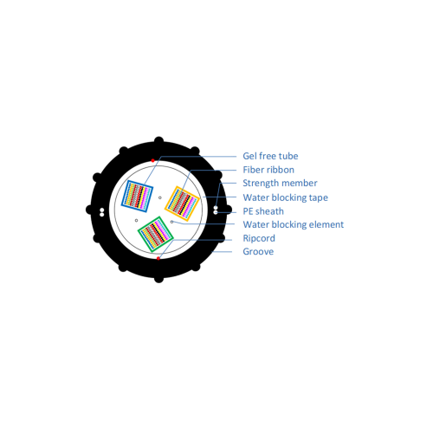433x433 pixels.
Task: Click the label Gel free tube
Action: (270, 156)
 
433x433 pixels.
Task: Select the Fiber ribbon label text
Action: (268, 170)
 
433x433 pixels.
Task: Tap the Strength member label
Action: (280, 184)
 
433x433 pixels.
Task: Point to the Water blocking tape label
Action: (285, 197)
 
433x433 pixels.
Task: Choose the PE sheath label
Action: (263, 211)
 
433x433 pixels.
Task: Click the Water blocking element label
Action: (294, 224)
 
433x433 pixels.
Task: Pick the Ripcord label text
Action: (259, 238)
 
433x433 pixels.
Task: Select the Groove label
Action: (258, 251)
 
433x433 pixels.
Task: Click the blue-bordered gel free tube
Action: (137, 196)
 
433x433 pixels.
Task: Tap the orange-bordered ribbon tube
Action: (182, 204)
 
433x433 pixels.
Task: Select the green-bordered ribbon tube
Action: (156, 234)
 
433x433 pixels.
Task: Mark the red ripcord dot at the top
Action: (152, 160)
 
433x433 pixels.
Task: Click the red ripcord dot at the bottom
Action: (158, 258)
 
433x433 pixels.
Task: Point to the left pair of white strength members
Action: (102, 212)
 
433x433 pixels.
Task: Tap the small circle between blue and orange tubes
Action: (160, 197)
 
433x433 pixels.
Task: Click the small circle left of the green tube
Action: (136, 221)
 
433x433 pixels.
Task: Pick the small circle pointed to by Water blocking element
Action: (171, 222)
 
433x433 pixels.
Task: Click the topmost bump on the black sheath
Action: (158, 140)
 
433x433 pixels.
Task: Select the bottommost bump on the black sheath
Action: (158, 279)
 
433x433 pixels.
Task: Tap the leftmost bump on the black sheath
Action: (89, 210)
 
